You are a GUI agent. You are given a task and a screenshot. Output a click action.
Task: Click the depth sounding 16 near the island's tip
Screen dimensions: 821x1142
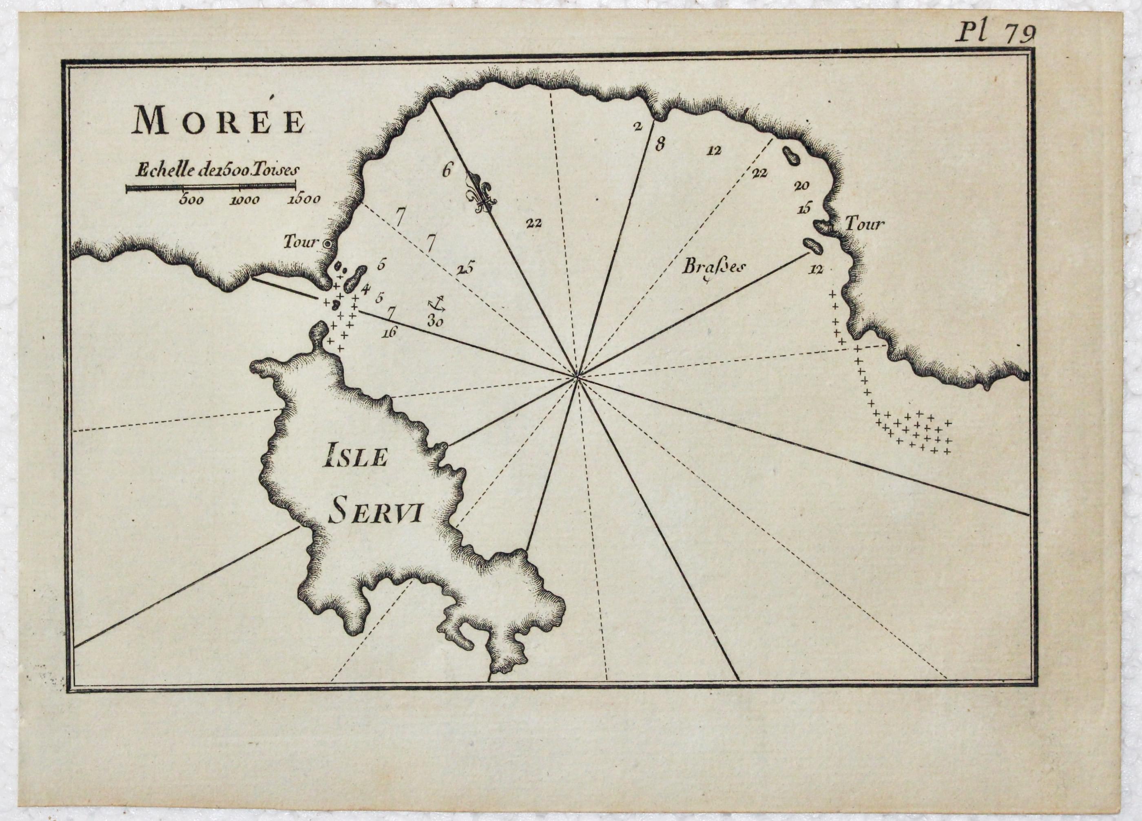click(x=390, y=331)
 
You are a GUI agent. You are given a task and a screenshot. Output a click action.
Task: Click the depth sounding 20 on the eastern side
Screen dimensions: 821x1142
click(x=801, y=186)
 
